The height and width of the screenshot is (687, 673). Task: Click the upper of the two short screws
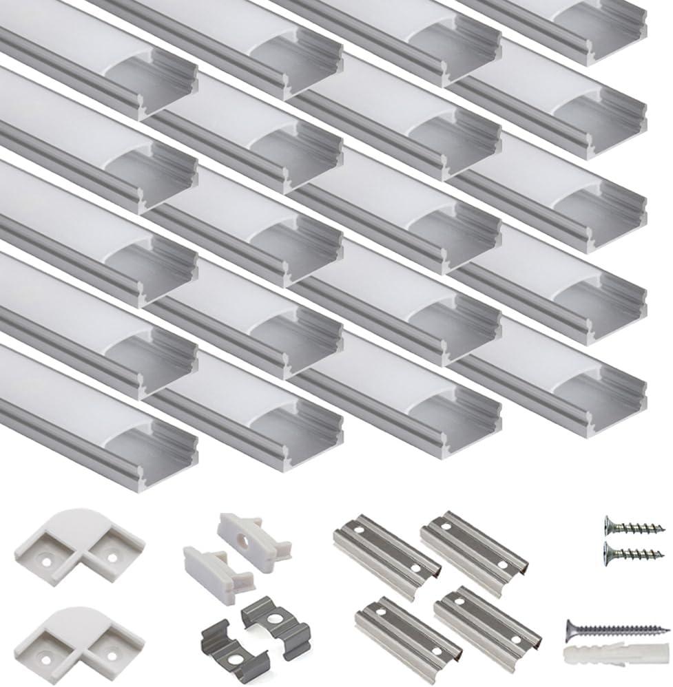point(633,527)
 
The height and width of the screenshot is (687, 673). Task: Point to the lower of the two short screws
point(633,551)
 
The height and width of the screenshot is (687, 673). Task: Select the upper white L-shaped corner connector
point(77,545)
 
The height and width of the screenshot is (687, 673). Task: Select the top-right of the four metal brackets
point(475,545)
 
